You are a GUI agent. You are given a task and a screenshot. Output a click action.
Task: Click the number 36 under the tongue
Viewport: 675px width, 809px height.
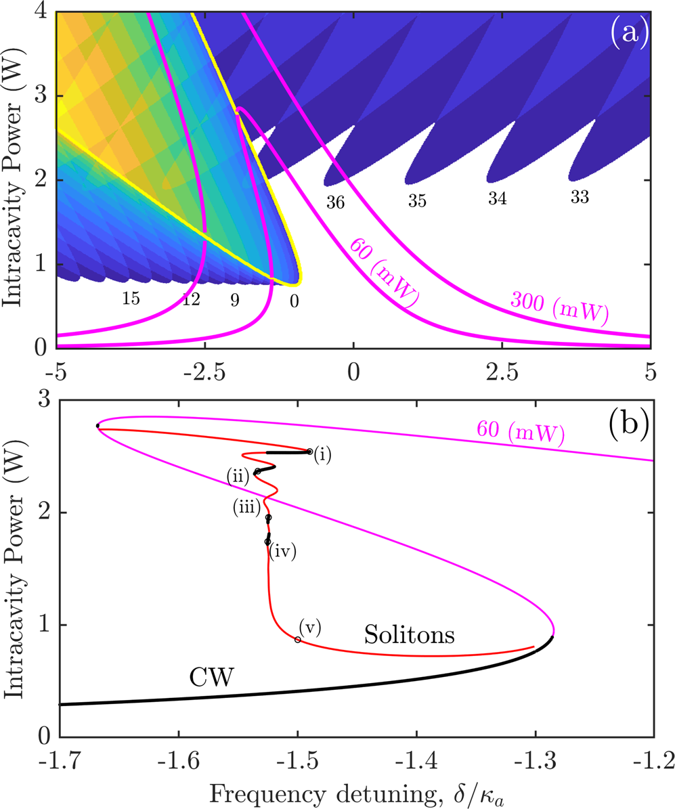coord(335,203)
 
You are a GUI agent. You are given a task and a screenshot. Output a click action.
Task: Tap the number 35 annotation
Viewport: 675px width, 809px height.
coord(417,201)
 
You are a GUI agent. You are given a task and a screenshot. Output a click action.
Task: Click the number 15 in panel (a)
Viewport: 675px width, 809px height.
coord(131,298)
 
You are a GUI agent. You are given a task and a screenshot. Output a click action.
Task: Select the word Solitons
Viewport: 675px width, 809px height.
coord(408,634)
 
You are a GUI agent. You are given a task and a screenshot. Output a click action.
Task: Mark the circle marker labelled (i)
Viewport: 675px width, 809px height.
coord(309,452)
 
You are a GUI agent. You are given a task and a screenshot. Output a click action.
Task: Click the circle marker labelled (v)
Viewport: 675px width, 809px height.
coord(298,640)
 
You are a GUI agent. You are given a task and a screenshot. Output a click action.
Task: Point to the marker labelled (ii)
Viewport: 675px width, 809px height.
coord(257,471)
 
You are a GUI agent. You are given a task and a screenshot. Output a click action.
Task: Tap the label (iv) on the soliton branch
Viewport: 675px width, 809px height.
coord(283,552)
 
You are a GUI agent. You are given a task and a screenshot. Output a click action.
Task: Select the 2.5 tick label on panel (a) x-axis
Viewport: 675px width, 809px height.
coord(501,370)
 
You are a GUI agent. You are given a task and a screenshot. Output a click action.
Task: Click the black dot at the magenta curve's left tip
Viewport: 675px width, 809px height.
coord(98,426)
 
